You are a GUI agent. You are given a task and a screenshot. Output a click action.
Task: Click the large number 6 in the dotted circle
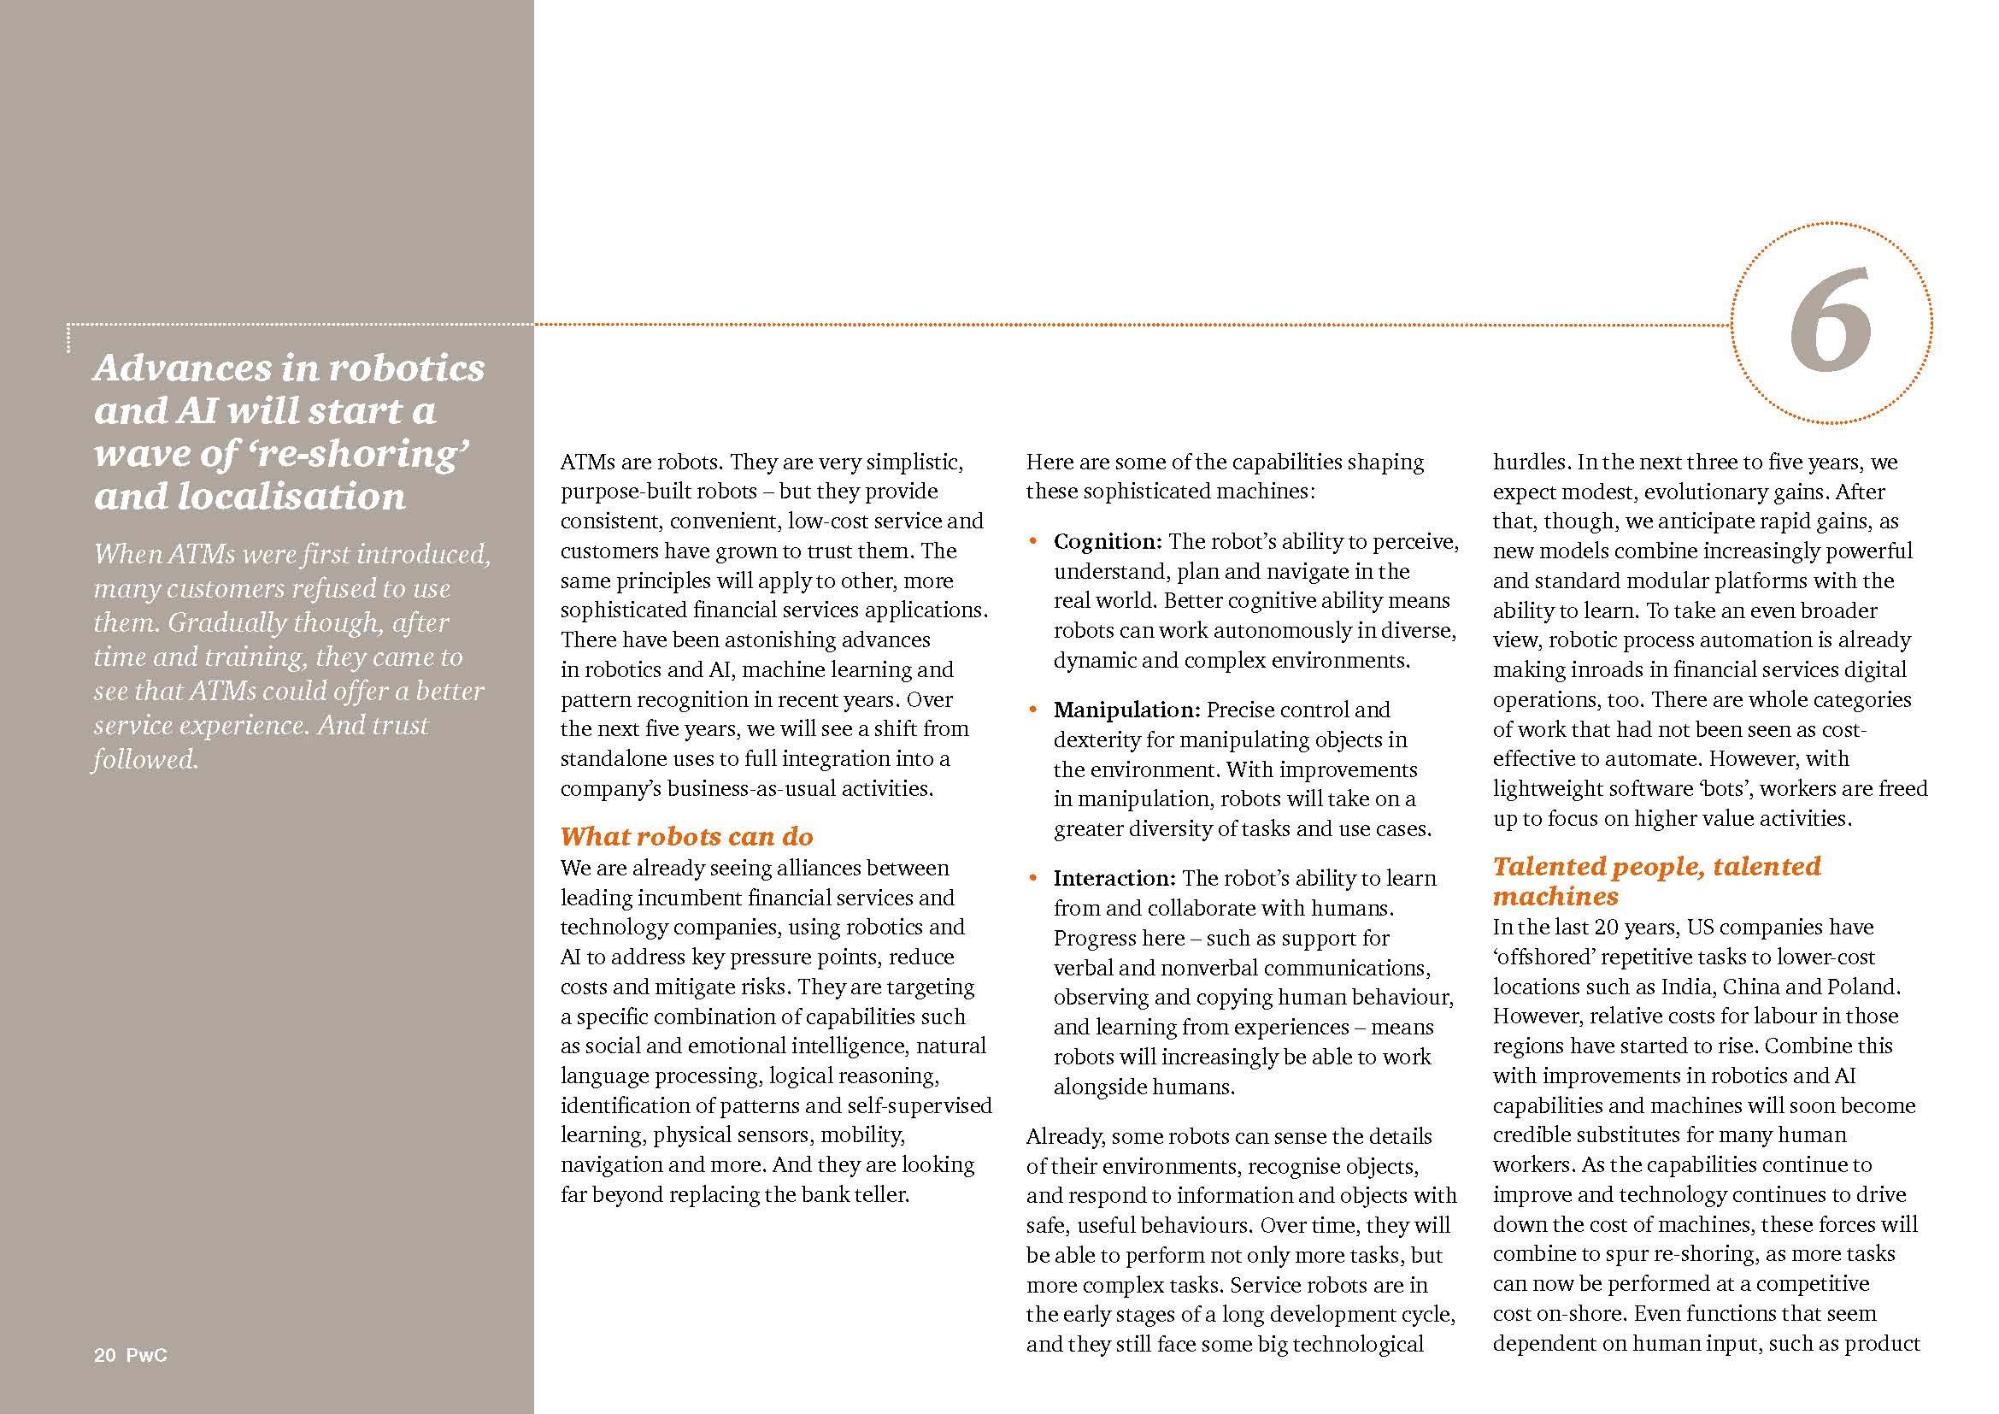click(x=1830, y=323)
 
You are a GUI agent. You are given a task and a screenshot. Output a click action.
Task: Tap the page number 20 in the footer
click(x=104, y=1355)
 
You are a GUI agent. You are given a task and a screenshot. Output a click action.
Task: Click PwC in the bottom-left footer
click(x=146, y=1355)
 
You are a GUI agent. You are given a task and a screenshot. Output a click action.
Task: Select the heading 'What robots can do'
click(x=686, y=837)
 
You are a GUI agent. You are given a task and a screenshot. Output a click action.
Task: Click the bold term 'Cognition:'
click(x=1108, y=541)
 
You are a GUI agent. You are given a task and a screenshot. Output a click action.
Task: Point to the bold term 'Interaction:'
click(x=1114, y=878)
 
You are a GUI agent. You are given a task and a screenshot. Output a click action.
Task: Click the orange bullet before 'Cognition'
click(x=1033, y=541)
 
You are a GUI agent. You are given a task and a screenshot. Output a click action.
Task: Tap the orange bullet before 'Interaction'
click(x=1033, y=878)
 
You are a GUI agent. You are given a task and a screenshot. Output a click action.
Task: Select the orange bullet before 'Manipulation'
click(x=1033, y=710)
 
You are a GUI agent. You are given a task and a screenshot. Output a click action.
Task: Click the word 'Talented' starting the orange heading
click(x=1548, y=866)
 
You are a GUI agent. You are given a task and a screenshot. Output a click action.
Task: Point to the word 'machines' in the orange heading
click(x=1555, y=896)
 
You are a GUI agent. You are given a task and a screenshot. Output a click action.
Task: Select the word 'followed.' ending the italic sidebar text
click(x=145, y=759)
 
